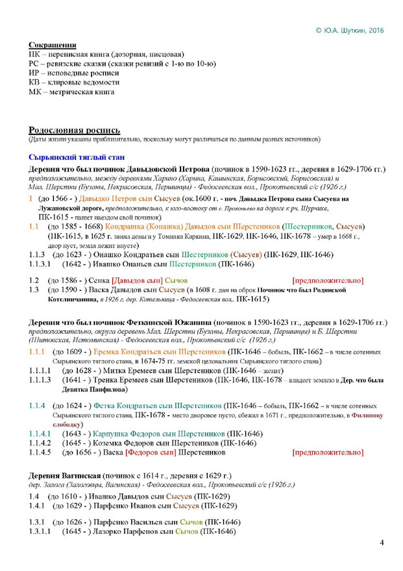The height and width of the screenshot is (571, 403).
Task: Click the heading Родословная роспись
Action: click(75, 130)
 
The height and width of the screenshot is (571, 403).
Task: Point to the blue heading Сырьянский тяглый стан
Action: click(81, 157)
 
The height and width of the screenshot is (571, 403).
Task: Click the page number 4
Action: click(382, 542)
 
